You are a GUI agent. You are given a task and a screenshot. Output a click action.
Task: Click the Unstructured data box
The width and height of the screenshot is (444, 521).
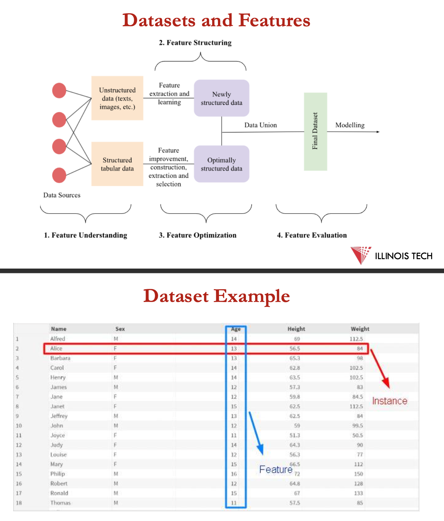pyautogui.click(x=117, y=98)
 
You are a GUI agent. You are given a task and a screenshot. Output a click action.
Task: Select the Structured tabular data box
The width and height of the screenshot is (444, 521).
pyautogui.click(x=117, y=164)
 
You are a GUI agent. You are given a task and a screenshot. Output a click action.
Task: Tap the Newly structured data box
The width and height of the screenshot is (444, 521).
pyautogui.click(x=221, y=98)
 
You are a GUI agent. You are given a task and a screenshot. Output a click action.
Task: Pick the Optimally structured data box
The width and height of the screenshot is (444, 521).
pyautogui.click(x=221, y=164)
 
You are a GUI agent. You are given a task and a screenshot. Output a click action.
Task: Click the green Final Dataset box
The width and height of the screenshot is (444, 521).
pyautogui.click(x=315, y=131)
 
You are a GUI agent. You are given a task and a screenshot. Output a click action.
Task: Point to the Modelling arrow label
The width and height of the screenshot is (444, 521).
pyautogui.click(x=350, y=125)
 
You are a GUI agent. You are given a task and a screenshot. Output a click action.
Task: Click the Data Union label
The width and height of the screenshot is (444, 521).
pyautogui.click(x=261, y=125)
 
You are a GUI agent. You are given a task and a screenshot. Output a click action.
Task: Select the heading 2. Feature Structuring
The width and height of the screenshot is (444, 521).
pyautogui.click(x=195, y=43)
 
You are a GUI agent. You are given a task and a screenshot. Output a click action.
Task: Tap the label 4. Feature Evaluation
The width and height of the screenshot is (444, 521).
pyautogui.click(x=312, y=235)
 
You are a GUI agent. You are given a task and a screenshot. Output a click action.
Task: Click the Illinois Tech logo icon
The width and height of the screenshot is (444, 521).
pyautogui.click(x=361, y=255)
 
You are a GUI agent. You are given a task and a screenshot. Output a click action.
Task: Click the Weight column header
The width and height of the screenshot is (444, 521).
pyautogui.click(x=360, y=329)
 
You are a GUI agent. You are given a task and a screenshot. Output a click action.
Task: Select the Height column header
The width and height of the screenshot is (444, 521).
pyautogui.click(x=296, y=329)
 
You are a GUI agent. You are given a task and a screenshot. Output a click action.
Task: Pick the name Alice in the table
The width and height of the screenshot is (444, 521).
pyautogui.click(x=56, y=349)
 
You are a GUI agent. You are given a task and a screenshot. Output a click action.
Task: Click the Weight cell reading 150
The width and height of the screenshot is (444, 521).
pyautogui.click(x=359, y=474)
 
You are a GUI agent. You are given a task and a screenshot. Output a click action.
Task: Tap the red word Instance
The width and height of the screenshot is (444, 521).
pyautogui.click(x=390, y=401)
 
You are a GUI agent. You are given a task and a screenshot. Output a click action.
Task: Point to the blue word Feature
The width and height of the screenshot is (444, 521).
pyautogui.click(x=276, y=469)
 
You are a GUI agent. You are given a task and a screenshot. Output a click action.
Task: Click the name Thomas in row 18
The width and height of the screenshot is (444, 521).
pyautogui.click(x=60, y=503)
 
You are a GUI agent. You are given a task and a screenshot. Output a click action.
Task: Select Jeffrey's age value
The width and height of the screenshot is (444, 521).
pyautogui.click(x=234, y=416)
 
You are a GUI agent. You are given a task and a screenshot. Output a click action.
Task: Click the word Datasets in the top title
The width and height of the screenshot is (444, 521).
pyautogui.click(x=159, y=20)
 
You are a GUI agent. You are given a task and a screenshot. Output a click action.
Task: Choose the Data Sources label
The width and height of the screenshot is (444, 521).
pyautogui.click(x=62, y=195)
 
